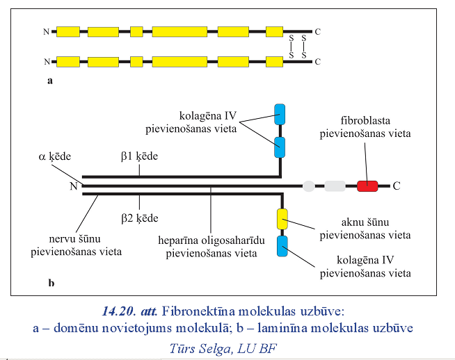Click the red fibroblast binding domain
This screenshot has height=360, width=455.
[x=367, y=186]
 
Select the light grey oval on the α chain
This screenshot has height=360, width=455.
[x=308, y=186]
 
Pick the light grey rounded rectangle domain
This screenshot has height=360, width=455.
[x=335, y=186]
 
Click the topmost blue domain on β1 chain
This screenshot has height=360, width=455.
[x=280, y=114]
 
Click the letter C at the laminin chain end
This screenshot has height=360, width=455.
[x=397, y=186]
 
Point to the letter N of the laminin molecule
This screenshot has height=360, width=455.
[x=74, y=186]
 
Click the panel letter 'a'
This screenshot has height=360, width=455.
[x=49, y=81]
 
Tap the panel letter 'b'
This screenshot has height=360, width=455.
[x=51, y=283]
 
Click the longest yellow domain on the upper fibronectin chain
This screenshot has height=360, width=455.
[x=179, y=31]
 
